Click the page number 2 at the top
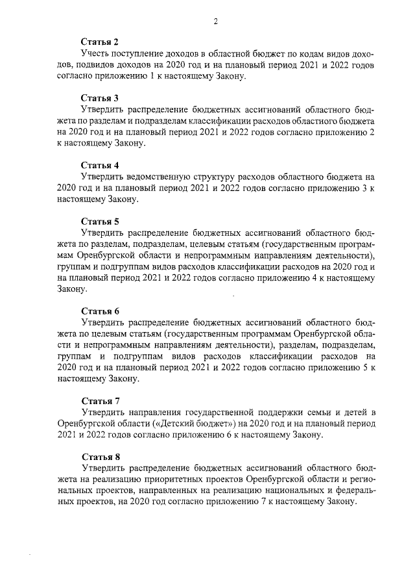pyautogui.click(x=215, y=21)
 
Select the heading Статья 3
pyautogui.click(x=99, y=98)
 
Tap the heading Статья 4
pyautogui.click(x=99, y=165)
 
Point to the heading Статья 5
pyautogui.click(x=99, y=221)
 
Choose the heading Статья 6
pyautogui.click(x=99, y=311)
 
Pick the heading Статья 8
pyautogui.click(x=99, y=457)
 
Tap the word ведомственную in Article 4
pyautogui.click(x=160, y=177)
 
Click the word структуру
pyautogui.click(x=217, y=177)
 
